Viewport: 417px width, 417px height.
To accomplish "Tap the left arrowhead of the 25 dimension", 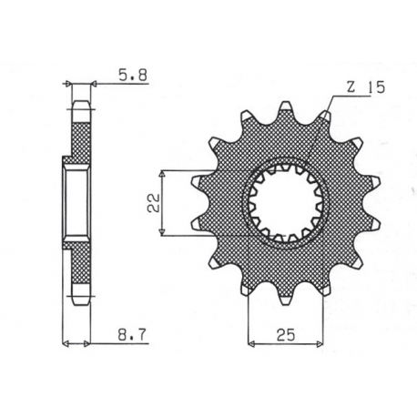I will click(252, 342).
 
